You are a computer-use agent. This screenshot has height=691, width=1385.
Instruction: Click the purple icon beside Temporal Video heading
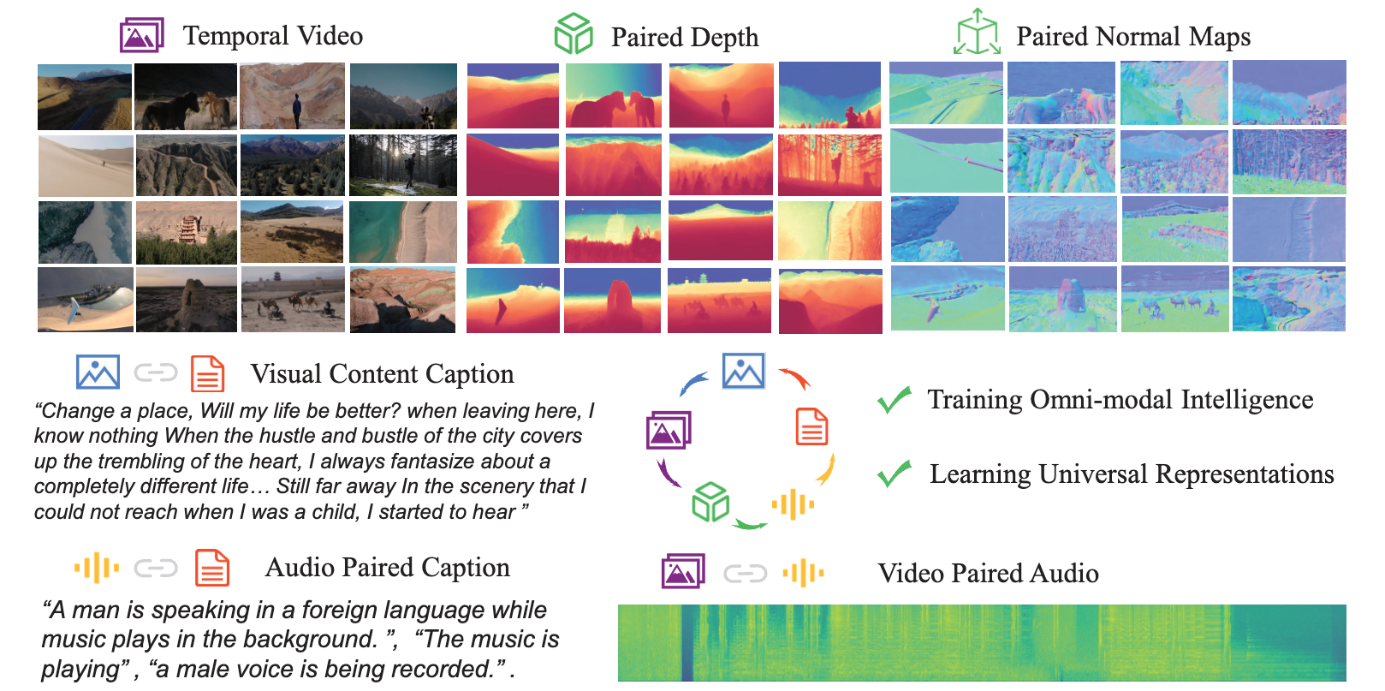point(141,35)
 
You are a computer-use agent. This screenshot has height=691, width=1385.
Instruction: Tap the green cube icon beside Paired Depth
point(573,34)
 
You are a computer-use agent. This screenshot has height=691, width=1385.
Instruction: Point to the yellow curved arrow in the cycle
point(826,469)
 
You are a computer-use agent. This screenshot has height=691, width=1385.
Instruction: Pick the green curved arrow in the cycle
point(751,523)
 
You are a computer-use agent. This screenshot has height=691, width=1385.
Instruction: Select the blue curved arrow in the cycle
point(693,384)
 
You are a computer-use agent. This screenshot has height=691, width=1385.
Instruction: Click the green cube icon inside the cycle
point(710,502)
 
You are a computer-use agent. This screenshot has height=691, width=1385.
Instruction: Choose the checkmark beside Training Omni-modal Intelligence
point(895,400)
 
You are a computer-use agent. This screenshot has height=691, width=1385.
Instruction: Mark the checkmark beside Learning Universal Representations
point(895,474)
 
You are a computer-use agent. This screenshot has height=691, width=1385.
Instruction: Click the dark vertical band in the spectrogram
point(687,643)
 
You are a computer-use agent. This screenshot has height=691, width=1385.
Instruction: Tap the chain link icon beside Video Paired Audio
point(745,573)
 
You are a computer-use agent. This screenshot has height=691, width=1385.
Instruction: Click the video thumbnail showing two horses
point(186,97)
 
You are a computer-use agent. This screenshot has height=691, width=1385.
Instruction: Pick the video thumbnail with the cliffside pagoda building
point(186,232)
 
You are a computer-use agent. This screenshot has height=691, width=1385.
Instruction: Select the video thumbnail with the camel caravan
point(293,300)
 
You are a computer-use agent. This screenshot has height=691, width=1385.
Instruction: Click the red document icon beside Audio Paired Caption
point(212,568)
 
